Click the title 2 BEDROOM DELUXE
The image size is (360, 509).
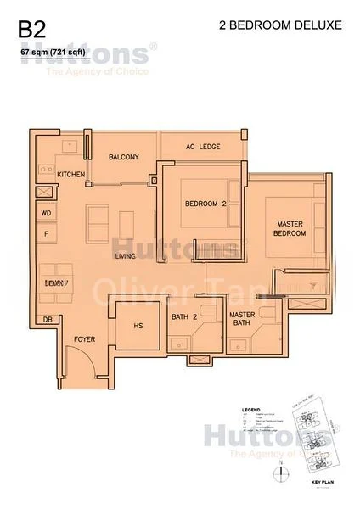279,26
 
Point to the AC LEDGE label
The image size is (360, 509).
203,147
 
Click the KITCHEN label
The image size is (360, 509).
71,174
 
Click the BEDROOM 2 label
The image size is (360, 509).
206,203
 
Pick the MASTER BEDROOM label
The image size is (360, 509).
289,229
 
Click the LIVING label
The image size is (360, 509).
127,255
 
